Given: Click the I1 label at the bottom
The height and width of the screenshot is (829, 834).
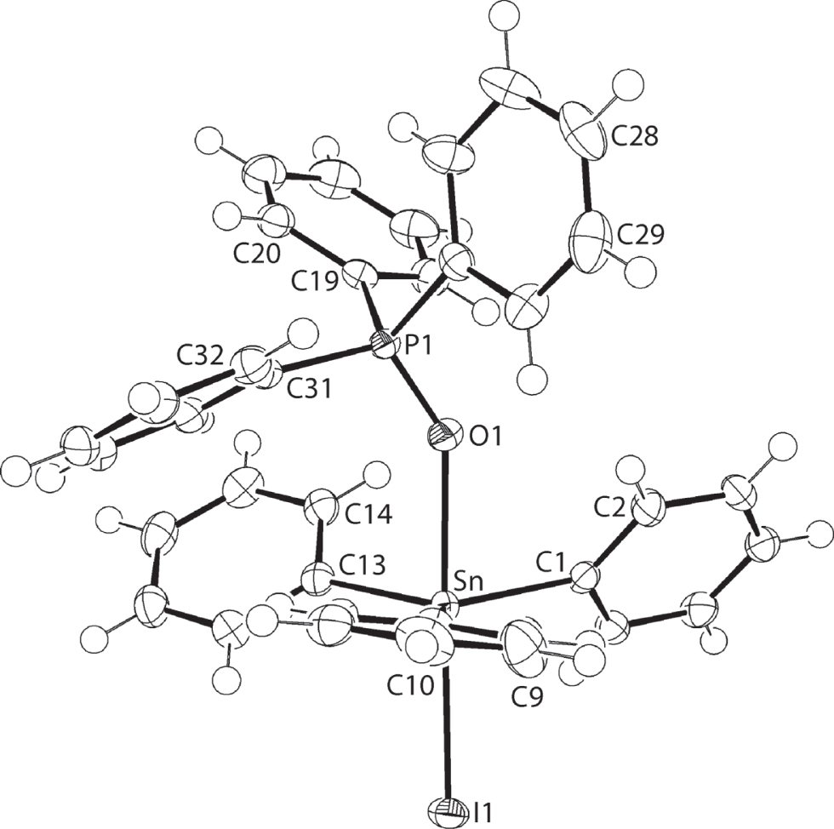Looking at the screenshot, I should pos(483,811).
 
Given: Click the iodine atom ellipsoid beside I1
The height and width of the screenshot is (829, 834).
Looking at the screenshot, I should pos(448,809).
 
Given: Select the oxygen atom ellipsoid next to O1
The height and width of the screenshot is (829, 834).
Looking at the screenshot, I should pos(446,434).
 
